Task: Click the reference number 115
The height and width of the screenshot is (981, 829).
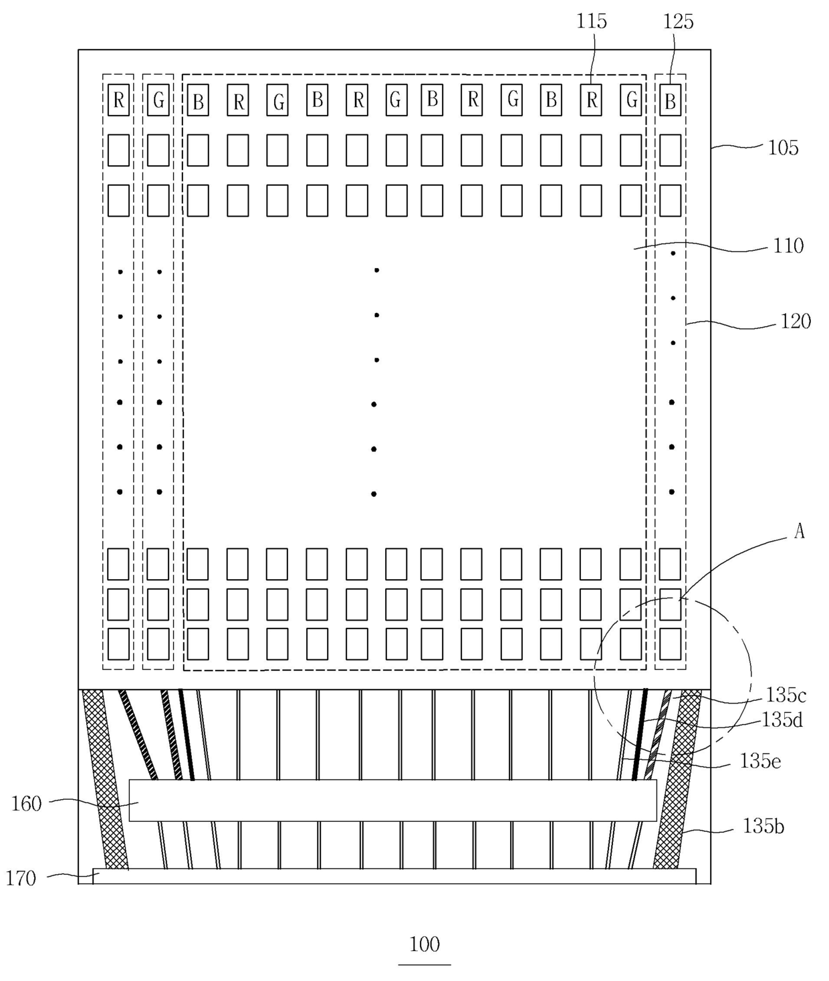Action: coord(591,21)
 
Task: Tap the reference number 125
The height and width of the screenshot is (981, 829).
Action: coord(678,22)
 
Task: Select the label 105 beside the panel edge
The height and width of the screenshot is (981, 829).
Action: coord(783,148)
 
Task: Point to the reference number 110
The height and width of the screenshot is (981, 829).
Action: coord(788,246)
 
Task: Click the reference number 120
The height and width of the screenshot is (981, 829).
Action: coord(796,322)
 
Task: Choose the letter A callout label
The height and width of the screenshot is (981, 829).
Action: coord(800,532)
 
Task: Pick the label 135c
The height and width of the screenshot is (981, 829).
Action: coord(786,695)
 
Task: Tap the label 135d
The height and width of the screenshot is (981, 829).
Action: coord(782,720)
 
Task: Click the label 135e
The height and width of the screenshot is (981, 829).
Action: coord(760,761)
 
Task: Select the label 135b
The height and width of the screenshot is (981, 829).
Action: coord(763,827)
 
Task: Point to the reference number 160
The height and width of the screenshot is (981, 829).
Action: coord(26,804)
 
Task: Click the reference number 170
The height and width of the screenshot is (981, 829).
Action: coord(21,879)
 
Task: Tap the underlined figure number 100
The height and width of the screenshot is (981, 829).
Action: coord(425,944)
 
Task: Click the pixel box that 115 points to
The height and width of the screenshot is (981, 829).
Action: coord(591,100)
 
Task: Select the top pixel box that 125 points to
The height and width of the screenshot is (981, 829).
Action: coord(670,100)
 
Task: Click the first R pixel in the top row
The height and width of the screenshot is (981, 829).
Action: coord(118,100)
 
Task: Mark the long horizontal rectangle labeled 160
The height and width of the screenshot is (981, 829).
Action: coord(393,800)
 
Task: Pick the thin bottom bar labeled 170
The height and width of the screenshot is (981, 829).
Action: coord(394,876)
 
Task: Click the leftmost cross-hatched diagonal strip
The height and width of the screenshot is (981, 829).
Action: coord(106,779)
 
